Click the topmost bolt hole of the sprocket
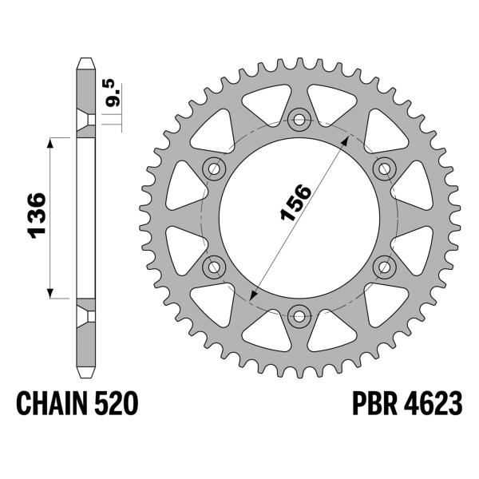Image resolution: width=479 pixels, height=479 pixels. [x=300, y=120]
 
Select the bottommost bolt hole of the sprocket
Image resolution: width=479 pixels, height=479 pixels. [x=300, y=315]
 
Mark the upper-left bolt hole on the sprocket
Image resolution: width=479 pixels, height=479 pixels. [x=215, y=168]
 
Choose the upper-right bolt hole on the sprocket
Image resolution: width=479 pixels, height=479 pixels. [x=385, y=168]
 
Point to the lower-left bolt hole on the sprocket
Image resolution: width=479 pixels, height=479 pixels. [x=215, y=266]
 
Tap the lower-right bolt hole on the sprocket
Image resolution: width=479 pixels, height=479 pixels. [x=385, y=266]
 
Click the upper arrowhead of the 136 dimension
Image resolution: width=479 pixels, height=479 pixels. [x=53, y=142]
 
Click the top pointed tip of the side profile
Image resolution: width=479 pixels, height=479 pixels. [x=85, y=59]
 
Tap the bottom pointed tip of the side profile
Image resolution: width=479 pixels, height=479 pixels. [x=85, y=375]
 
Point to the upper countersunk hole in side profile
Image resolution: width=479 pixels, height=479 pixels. [x=85, y=121]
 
